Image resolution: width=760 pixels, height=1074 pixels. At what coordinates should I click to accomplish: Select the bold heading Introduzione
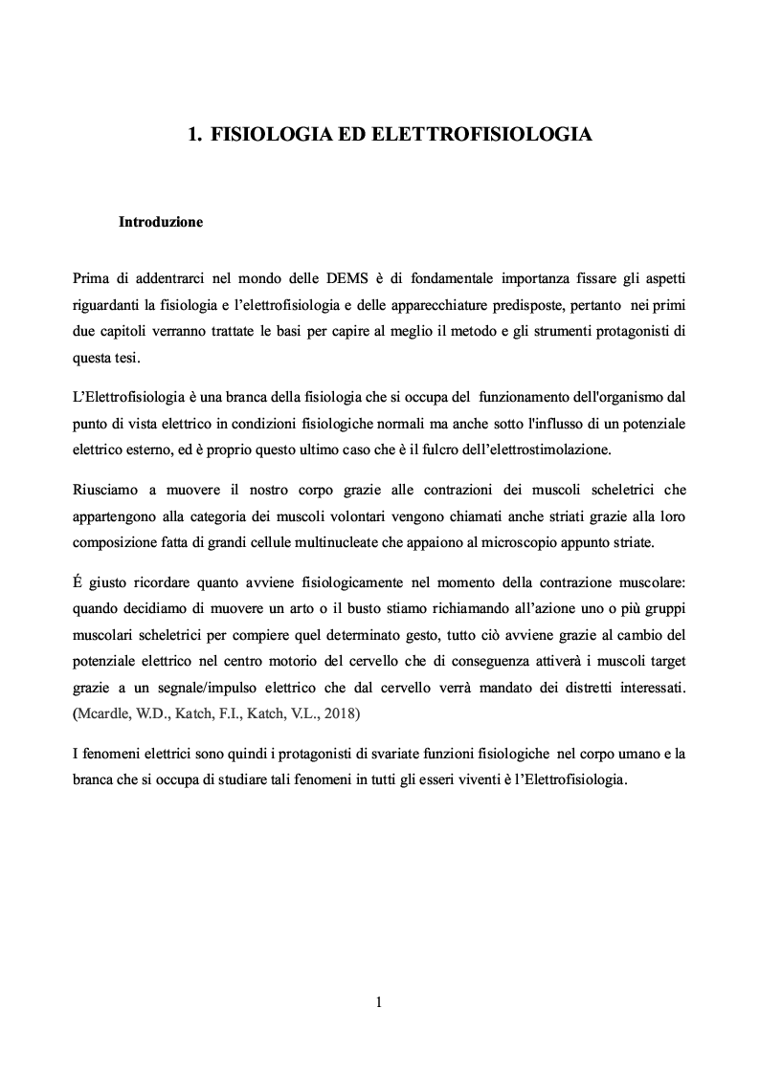click(x=160, y=222)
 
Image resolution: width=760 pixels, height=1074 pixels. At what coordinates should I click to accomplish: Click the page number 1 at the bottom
click(x=379, y=1002)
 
